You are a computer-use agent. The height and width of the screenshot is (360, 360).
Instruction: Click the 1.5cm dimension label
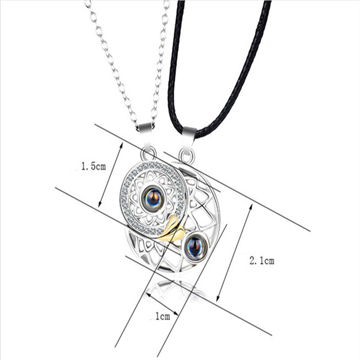pos(93,167)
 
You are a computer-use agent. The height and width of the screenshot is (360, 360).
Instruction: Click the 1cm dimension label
pos(162,317)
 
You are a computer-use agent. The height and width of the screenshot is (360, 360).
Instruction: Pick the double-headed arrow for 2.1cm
pos(234,252)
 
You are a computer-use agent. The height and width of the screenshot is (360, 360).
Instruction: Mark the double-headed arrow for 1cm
pos(162,304)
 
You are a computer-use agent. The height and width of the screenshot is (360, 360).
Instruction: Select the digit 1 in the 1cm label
pos(157,317)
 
